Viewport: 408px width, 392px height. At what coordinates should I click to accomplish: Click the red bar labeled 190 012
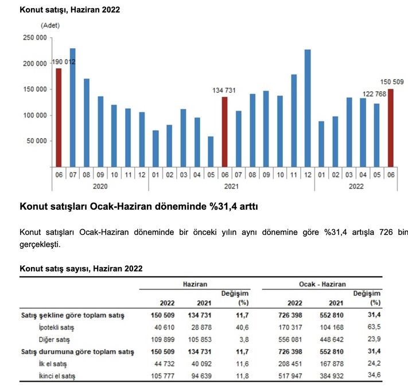pos(59,117)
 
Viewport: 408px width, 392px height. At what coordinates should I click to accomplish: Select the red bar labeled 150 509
pos(391,127)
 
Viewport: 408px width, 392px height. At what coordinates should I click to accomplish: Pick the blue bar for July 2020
pos(72,107)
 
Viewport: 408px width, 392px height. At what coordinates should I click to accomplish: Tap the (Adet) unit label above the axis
pos(50,25)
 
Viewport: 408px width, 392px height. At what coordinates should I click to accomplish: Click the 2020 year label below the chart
pos(100,186)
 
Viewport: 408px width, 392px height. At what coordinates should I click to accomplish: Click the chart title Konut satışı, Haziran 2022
pos(70,10)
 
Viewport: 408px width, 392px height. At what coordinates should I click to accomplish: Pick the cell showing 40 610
pos(163,327)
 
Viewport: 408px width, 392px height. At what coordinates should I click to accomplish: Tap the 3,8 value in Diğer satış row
pos(242,339)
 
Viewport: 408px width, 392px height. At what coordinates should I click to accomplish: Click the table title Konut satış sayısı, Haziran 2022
pos(81,268)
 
